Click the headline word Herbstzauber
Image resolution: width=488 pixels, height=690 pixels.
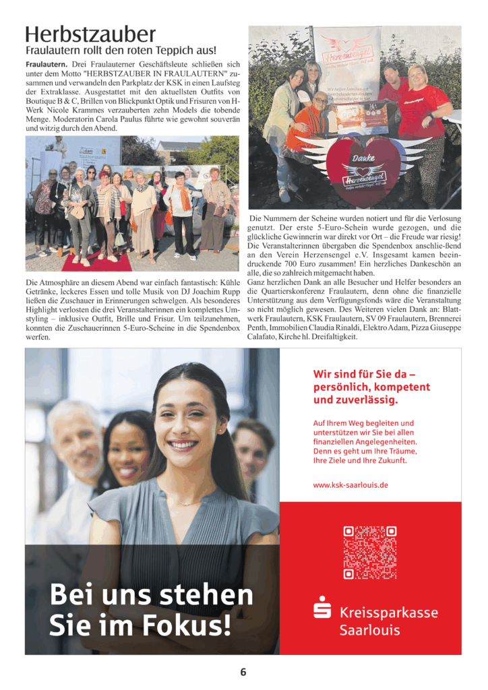90,34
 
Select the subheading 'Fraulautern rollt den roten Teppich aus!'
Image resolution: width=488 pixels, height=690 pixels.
121,51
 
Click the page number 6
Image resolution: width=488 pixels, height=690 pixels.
243,672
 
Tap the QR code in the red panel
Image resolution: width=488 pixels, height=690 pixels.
369,553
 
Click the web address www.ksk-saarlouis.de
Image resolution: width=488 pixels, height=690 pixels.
350,484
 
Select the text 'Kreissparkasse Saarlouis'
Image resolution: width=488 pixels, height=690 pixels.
388,621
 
